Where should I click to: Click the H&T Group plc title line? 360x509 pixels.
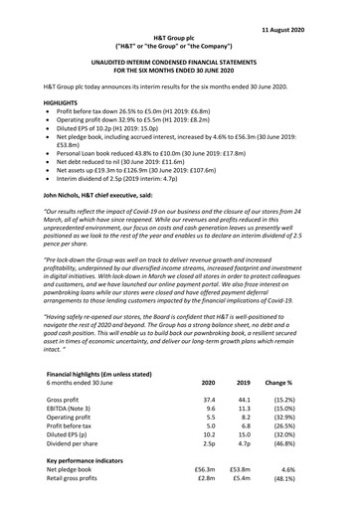179,36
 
